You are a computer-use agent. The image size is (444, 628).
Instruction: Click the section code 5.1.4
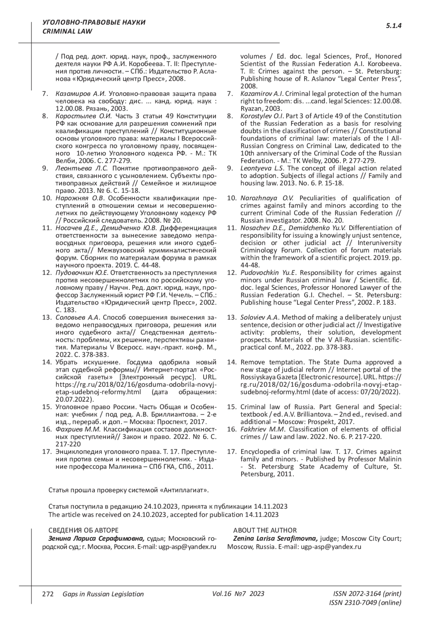coord(394,26)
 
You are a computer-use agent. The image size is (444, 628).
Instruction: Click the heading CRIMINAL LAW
coord(67,31)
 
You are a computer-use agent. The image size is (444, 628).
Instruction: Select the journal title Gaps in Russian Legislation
coord(103,594)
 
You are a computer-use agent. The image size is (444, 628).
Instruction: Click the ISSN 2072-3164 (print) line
coord(367,594)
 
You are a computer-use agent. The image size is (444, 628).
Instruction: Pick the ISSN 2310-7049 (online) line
coord(365,602)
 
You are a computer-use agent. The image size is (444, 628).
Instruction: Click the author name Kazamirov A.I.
coord(262,94)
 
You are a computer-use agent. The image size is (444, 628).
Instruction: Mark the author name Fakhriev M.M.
coord(263,429)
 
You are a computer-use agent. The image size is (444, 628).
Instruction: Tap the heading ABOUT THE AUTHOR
coord(265,530)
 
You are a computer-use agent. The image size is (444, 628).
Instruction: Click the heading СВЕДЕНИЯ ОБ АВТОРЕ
coord(84,530)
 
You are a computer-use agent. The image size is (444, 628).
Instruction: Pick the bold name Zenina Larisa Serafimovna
coord(275,538)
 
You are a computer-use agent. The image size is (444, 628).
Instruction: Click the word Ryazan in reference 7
coord(251,109)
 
